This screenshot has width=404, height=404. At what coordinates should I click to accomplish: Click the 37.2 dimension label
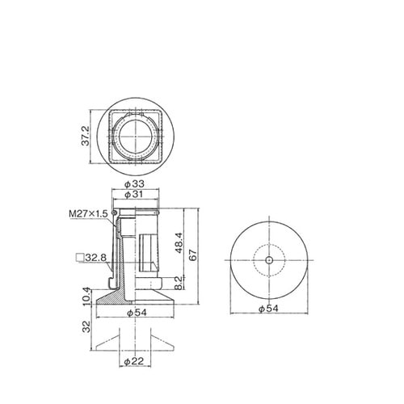86,136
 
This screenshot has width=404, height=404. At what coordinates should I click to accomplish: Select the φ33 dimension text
134,184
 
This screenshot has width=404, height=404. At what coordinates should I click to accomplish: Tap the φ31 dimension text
134,195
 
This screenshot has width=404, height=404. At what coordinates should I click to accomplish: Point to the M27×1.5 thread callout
88,214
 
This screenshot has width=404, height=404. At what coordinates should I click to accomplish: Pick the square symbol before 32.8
80,258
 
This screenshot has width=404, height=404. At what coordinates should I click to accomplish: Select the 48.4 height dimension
179,243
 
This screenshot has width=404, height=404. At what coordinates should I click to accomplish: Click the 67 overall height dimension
193,255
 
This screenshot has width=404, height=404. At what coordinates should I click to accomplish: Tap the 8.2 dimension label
179,283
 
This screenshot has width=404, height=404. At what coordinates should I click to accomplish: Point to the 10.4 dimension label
86,297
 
